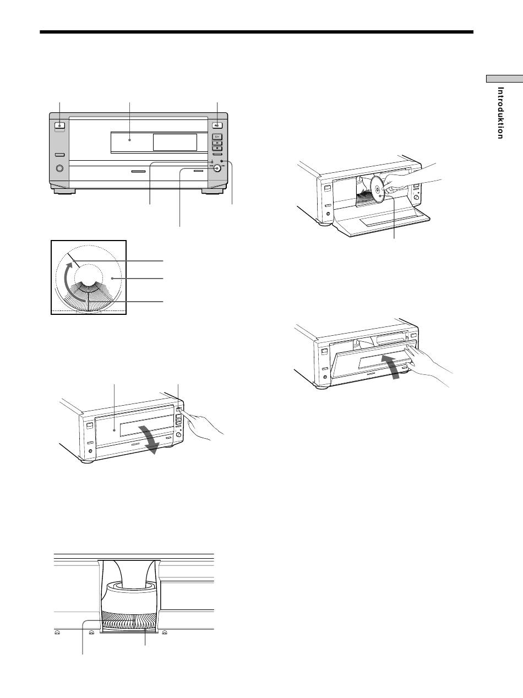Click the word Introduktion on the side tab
[x=500, y=113]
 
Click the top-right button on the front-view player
[x=217, y=125]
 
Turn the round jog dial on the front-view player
[x=217, y=168]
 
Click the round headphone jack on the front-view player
[x=59, y=168]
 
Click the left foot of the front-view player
[x=64, y=191]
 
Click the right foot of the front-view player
[x=212, y=191]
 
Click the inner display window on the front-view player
[x=175, y=142]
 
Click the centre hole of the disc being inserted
[x=378, y=190]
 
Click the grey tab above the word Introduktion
[x=504, y=79]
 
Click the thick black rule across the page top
[x=257, y=32]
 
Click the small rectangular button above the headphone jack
[x=59, y=155]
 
